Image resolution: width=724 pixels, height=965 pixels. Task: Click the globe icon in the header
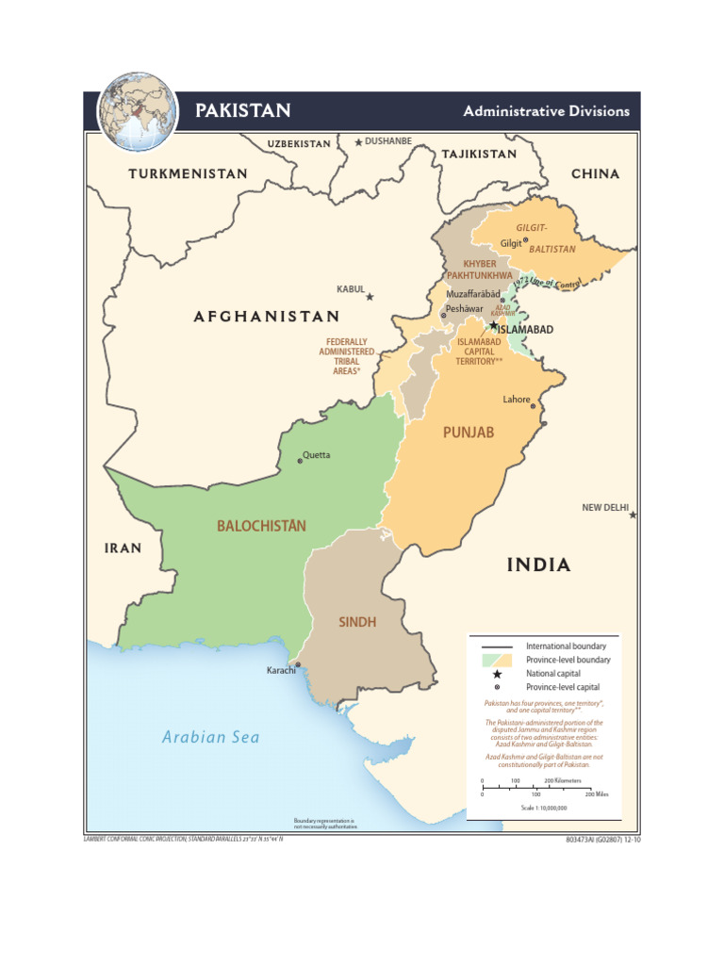pos(138,112)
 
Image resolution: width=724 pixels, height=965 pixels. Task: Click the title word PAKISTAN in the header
pos(242,111)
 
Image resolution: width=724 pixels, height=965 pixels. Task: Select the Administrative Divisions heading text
pos(546,111)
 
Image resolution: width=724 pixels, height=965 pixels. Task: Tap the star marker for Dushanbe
pos(358,142)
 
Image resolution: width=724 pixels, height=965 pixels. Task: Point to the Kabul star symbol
pos(370,297)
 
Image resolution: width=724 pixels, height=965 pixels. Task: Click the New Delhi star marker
pos(633,515)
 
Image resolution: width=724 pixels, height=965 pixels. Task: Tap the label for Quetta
pos(316,455)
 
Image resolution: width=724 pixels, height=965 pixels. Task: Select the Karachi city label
pos(281,671)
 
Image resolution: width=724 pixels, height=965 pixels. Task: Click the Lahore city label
pos(516,400)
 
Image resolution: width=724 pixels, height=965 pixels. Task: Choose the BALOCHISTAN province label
pos(261,526)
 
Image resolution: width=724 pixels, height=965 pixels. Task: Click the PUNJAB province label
pos(469,433)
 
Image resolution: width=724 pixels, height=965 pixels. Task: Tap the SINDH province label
pos(357,622)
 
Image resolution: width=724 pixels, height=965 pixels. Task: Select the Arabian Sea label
pos(210,737)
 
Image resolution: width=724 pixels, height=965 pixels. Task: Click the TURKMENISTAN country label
pos(188,174)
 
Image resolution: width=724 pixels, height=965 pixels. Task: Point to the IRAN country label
pos(123,548)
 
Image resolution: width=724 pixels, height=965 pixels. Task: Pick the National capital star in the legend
pos(497,674)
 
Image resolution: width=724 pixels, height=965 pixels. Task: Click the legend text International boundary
pos(566,646)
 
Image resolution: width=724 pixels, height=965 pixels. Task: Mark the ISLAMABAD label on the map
pos(525,330)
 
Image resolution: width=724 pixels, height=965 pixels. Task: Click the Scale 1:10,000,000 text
pos(544,808)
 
